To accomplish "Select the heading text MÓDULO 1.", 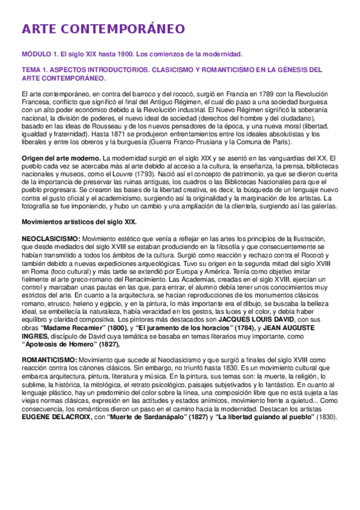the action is click(39, 54).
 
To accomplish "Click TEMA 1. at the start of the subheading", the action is click(35, 70).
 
